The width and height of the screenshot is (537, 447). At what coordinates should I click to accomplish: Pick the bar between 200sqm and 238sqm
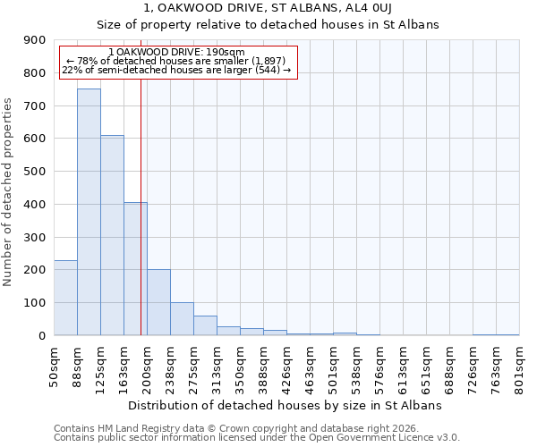click(158, 302)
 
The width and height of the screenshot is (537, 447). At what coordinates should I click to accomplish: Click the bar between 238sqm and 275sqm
click(182, 318)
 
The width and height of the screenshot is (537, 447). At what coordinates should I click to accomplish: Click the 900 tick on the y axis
click(35, 40)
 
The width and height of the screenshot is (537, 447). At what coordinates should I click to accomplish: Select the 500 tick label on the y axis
click(35, 172)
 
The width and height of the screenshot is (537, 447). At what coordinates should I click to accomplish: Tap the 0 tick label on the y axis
click(42, 336)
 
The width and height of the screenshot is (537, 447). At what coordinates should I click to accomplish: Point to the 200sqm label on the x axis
click(148, 367)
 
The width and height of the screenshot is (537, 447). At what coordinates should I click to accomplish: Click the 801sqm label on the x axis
click(520, 367)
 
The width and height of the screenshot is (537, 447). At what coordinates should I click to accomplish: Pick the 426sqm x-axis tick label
click(287, 367)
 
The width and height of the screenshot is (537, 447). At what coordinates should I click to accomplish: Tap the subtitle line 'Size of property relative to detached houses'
click(268, 25)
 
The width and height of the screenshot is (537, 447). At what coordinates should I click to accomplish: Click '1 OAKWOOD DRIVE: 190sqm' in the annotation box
click(175, 53)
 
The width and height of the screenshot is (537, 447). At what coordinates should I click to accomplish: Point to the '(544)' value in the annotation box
click(267, 70)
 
